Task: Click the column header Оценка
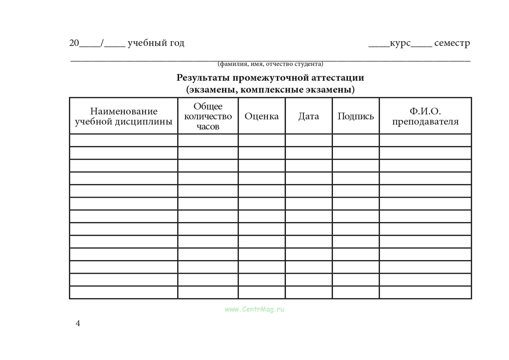coord(262,116)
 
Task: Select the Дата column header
coord(309,116)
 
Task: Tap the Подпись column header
coord(356,116)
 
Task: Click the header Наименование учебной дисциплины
coord(124,116)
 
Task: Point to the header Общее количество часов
coord(208,116)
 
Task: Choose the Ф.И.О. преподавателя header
coord(425,116)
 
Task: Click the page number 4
coord(78,323)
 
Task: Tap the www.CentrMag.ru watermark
coord(254,309)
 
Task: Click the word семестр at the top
coord(452,43)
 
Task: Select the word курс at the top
coord(400,43)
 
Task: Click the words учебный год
coord(156,43)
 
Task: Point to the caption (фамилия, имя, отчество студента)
coord(271,64)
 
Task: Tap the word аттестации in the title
coord(338,78)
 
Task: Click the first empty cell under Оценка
coord(262,140)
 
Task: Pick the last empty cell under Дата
coord(309,292)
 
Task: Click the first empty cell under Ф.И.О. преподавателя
coord(425,140)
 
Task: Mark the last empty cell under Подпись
coord(356,292)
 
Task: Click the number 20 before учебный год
coord(74,43)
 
